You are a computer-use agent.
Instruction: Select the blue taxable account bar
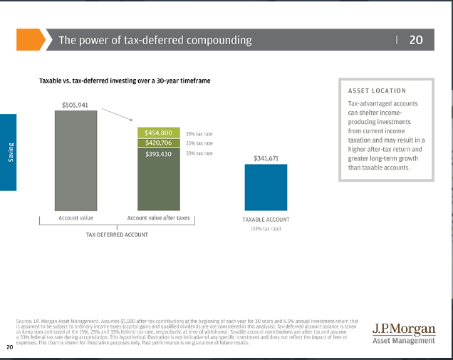pos(266,187)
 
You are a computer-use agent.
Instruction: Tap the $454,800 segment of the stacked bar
pos(157,133)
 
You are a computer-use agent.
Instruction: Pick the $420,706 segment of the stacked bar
pos(157,143)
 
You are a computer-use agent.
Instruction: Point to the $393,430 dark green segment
pos(157,178)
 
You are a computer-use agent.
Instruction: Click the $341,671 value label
pos(266,158)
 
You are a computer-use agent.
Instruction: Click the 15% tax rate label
pos(199,133)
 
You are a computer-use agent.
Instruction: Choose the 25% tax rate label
pos(199,143)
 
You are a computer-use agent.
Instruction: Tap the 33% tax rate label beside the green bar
pos(199,153)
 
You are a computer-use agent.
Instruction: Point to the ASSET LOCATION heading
pos(377,91)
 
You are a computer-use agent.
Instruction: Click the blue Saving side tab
pos(9,152)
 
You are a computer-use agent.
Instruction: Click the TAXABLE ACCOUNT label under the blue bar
pos(266,220)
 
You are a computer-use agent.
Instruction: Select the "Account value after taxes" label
pos(158,217)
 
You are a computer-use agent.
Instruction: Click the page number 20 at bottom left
pos(9,347)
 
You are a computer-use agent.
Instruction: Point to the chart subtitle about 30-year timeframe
pos(125,81)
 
